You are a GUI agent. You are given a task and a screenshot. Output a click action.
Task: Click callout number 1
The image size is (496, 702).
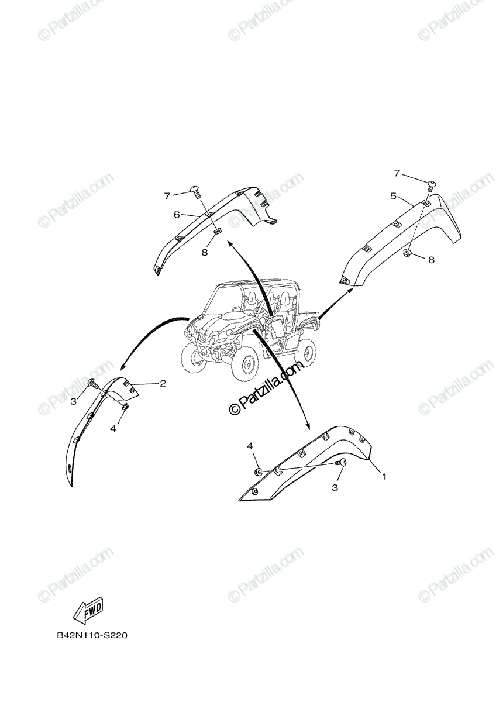384,476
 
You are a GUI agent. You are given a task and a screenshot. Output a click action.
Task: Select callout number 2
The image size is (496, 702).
163,384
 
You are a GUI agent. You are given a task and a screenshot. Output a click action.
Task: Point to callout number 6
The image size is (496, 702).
176,215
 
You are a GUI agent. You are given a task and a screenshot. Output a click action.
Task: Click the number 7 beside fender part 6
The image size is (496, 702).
167,195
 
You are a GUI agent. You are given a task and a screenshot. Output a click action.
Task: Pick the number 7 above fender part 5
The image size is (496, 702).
397,173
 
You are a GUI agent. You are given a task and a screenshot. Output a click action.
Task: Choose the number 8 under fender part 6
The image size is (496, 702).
204,252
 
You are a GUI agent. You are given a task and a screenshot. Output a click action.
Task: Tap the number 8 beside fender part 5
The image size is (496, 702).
431,260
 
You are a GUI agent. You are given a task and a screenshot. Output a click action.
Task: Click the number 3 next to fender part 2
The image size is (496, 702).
74,401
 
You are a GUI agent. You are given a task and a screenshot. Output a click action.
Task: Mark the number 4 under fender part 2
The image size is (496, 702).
113,428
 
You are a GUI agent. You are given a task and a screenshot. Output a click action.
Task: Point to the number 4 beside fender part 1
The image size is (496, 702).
250,446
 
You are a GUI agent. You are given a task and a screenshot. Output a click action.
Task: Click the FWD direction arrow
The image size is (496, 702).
88,612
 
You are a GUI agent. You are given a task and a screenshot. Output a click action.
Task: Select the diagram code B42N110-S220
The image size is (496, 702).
92,635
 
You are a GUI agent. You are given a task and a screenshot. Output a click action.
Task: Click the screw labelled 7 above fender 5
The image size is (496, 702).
432,184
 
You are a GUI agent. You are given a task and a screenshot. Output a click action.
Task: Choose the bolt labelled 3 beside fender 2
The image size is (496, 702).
92,383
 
